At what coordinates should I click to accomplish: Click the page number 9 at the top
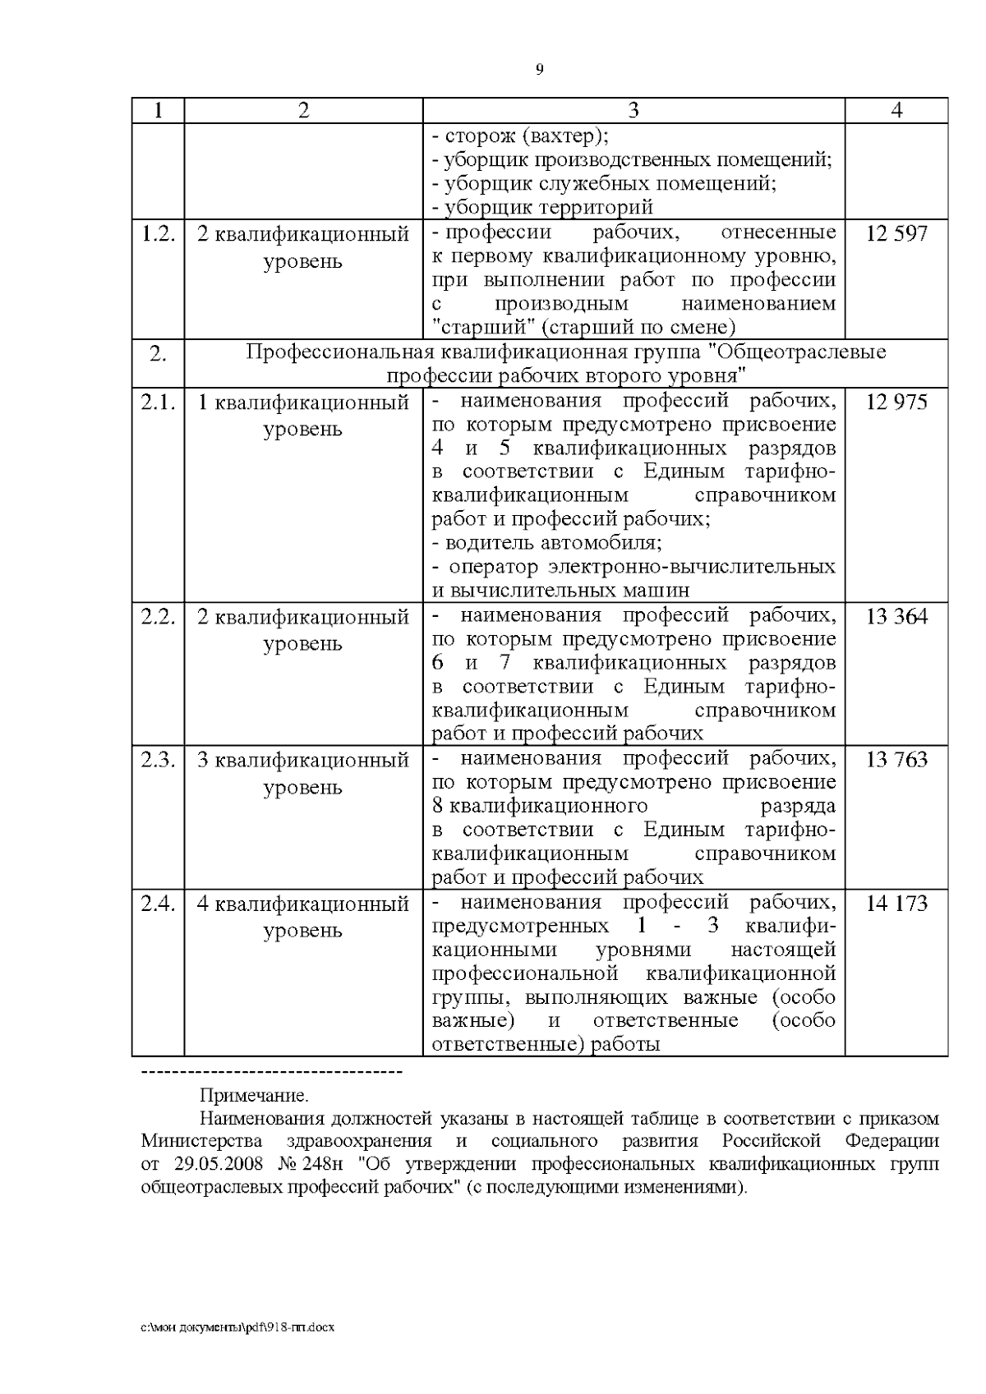pyautogui.click(x=539, y=70)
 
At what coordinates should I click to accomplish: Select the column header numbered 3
pyautogui.click(x=634, y=111)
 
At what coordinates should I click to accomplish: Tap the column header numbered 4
pyautogui.click(x=896, y=111)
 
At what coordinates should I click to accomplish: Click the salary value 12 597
pyautogui.click(x=896, y=233)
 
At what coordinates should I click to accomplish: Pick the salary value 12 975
pyautogui.click(x=896, y=403)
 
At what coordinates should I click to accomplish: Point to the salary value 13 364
pyautogui.click(x=896, y=616)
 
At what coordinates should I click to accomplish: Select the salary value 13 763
pyautogui.click(x=896, y=759)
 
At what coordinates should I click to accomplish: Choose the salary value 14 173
pyautogui.click(x=896, y=904)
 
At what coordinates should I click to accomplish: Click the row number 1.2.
pyautogui.click(x=158, y=233)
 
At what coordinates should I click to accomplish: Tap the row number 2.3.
pyautogui.click(x=158, y=759)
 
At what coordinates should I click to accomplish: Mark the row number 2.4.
pyautogui.click(x=158, y=904)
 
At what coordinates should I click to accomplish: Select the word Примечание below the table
pyautogui.click(x=253, y=1095)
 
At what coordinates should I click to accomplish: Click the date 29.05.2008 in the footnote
pyautogui.click(x=221, y=1165)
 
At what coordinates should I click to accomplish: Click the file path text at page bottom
pyautogui.click(x=237, y=1327)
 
